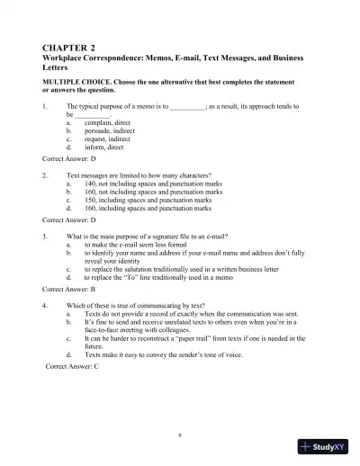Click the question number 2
coord(45,175)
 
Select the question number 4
coord(45,306)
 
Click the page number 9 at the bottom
coord(180,434)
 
